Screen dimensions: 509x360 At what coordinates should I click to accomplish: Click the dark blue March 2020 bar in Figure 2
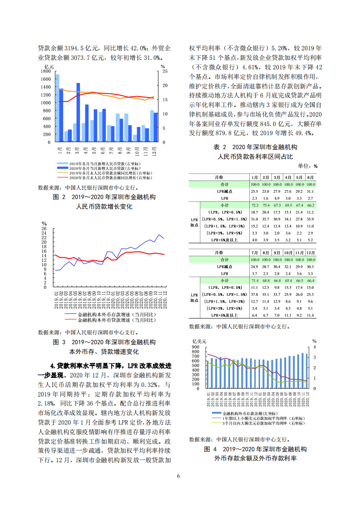(x=78, y=113)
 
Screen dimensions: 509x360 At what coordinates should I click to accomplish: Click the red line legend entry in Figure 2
(x=104, y=178)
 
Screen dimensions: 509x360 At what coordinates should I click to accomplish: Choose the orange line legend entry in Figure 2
(x=104, y=173)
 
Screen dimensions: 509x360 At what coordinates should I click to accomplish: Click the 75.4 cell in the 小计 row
(x=266, y=206)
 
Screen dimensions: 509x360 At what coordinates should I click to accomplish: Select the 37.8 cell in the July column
(x=254, y=294)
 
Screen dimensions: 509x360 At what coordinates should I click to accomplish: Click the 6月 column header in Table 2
(x=311, y=177)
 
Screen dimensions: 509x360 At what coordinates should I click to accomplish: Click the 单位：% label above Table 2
(x=308, y=166)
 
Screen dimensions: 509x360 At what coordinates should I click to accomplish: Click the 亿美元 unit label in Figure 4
(x=200, y=341)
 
